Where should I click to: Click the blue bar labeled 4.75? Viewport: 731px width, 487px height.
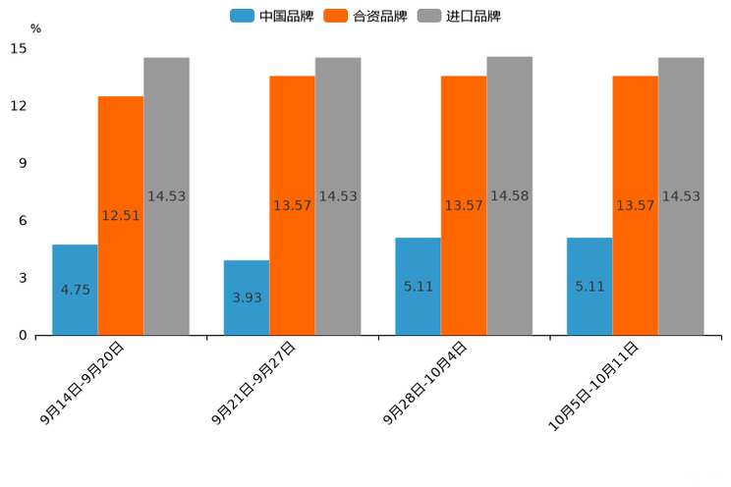point(75,290)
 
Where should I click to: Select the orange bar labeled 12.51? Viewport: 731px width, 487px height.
point(121,216)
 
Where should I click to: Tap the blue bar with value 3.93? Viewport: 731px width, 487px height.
point(247,298)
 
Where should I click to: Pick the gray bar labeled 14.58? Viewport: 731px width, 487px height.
point(510,196)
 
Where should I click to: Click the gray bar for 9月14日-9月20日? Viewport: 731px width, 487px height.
point(166,196)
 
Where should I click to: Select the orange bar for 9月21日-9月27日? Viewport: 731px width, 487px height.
point(292,205)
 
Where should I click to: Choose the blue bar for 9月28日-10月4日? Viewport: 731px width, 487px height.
point(418,287)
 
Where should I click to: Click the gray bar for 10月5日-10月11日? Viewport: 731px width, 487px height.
point(681,196)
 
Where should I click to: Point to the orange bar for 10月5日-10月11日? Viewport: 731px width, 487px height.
point(636,205)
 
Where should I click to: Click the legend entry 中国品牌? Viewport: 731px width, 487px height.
point(272,16)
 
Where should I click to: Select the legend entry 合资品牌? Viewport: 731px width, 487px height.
point(365,16)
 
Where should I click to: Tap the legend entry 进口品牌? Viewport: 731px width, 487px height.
point(459,16)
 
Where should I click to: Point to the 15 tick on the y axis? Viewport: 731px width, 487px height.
point(19,48)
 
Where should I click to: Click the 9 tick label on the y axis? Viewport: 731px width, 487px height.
point(23,163)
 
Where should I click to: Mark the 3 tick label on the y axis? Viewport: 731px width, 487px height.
point(23,278)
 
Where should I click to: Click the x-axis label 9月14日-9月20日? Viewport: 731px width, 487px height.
point(84,383)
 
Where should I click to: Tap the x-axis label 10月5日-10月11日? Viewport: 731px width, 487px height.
point(594,386)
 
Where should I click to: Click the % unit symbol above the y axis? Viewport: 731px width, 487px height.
point(35,28)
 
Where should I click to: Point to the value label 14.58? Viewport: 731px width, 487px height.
point(510,196)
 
